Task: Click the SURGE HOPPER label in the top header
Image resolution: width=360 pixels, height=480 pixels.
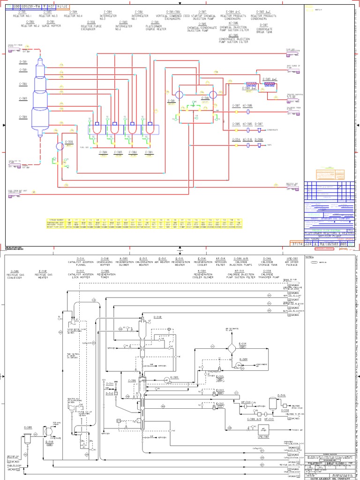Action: point(51,22)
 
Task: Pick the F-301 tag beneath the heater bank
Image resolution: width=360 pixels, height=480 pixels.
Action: point(149,152)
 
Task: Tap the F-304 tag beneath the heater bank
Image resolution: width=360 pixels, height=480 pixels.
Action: point(103,152)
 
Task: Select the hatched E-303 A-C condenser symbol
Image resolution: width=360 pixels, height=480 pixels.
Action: point(270,85)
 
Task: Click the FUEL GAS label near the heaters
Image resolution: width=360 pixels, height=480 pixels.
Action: point(84,147)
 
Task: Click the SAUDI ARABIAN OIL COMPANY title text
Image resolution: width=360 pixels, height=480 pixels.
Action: point(333,477)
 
